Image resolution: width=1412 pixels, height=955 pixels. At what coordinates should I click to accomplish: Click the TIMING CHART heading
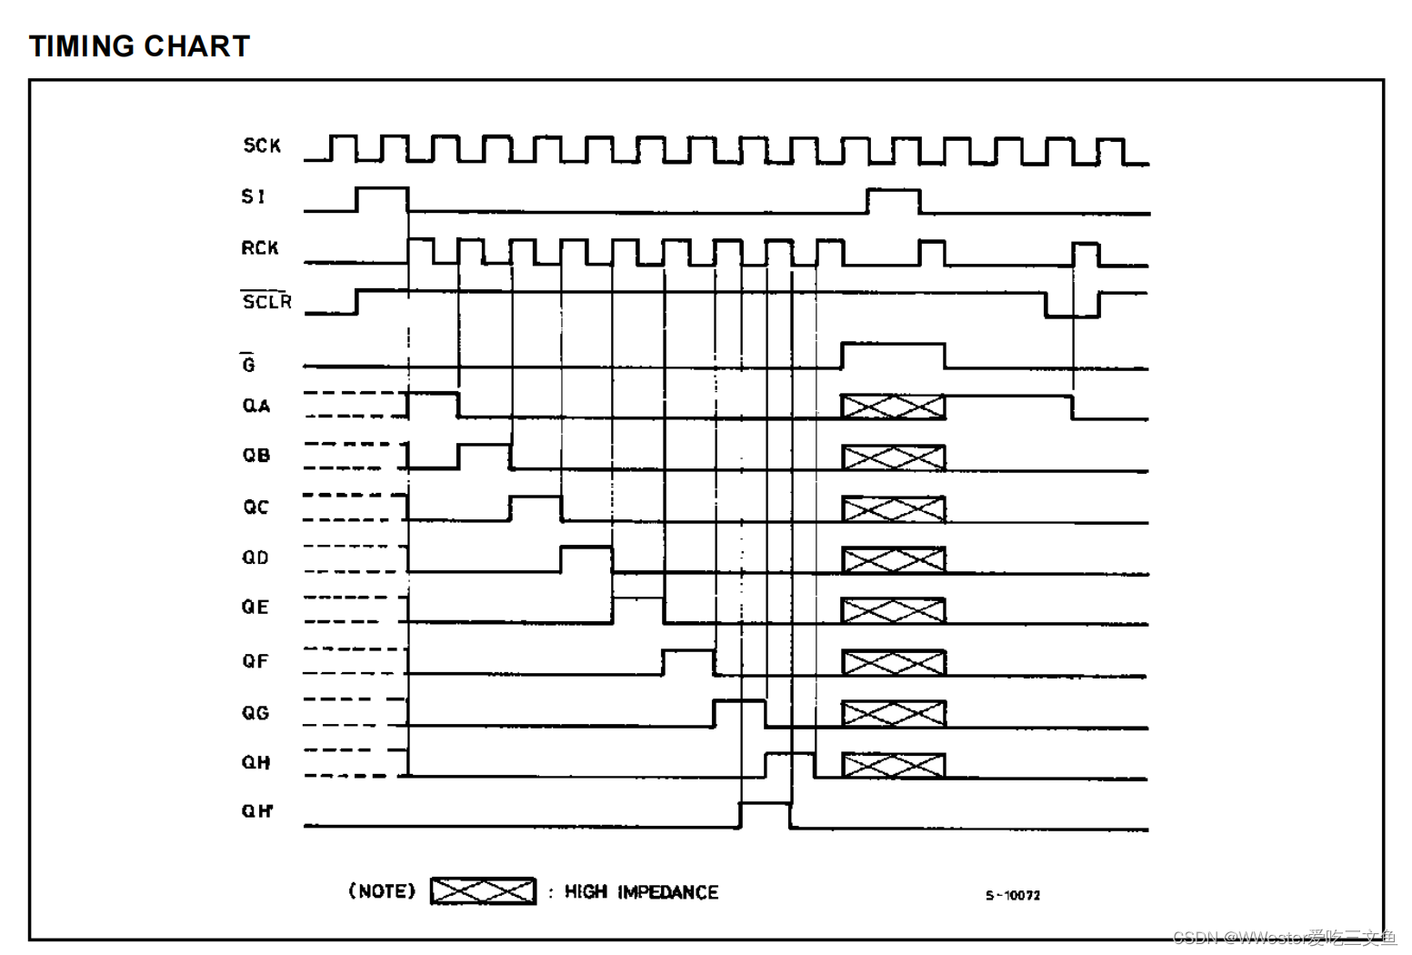[139, 46]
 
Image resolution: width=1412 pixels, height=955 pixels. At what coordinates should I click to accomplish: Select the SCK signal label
[262, 146]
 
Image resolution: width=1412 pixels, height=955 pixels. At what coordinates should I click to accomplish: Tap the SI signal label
[254, 196]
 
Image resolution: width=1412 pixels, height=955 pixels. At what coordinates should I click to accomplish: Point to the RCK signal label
[260, 248]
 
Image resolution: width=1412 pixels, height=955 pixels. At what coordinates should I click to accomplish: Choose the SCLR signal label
[266, 301]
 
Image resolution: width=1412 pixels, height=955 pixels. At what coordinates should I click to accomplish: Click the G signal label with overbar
[248, 364]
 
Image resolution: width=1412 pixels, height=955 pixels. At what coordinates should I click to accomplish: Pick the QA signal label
[256, 406]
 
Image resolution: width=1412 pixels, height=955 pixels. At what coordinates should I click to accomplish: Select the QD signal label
[255, 558]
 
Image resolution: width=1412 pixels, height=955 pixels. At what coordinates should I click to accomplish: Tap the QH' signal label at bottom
[257, 811]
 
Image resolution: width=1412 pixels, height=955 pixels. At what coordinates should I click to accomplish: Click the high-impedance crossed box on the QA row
[893, 407]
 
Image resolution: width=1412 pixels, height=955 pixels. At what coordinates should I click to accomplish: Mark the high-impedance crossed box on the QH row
[893, 765]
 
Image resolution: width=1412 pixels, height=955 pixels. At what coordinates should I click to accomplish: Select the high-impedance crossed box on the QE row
[893, 610]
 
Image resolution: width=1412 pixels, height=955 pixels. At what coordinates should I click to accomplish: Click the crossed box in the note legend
[483, 891]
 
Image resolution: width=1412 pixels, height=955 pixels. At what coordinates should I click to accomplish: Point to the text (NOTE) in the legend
[382, 891]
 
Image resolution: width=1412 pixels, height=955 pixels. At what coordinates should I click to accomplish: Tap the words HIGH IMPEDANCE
[641, 892]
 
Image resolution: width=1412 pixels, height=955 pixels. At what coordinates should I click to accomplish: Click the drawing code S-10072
[1013, 896]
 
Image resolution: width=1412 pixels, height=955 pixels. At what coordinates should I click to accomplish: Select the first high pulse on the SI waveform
[382, 198]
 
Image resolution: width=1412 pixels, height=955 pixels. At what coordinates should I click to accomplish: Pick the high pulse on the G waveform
[893, 355]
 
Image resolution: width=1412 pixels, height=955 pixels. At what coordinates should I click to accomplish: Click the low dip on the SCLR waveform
[1072, 306]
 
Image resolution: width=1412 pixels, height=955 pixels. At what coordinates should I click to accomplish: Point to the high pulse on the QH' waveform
[766, 815]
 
